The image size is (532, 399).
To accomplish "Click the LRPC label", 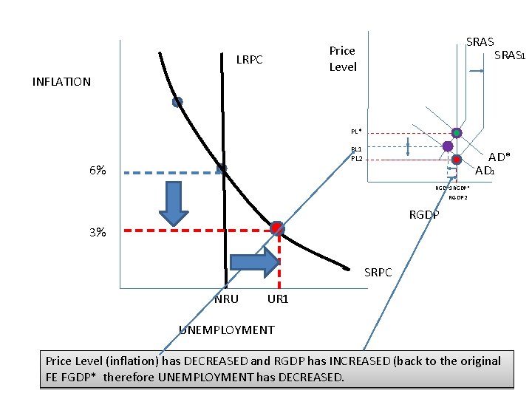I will pyautogui.click(x=249, y=59).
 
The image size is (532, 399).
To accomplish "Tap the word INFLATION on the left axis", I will pyautogui.click(x=62, y=82).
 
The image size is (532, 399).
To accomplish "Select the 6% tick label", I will pyautogui.click(x=98, y=171).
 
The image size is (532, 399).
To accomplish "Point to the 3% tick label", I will pyautogui.click(x=98, y=232).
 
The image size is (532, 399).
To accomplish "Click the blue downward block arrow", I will pyautogui.click(x=175, y=202).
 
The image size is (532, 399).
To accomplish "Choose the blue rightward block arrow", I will pyautogui.click(x=255, y=261).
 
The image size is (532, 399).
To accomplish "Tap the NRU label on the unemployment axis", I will pyautogui.click(x=226, y=299).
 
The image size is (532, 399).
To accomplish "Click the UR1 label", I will pyautogui.click(x=278, y=299).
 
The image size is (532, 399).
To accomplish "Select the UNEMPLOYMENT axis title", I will pyautogui.click(x=227, y=330).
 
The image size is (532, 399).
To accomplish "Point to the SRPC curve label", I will pyautogui.click(x=379, y=273).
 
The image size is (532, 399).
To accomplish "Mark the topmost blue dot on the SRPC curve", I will pyautogui.click(x=177, y=103).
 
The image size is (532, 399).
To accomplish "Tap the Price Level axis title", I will pyautogui.click(x=343, y=58).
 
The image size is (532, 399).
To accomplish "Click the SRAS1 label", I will pyautogui.click(x=509, y=55).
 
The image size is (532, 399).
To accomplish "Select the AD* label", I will pyautogui.click(x=499, y=157).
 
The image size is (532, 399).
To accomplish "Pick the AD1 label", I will pyautogui.click(x=485, y=171).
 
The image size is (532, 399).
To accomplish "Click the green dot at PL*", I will pyautogui.click(x=457, y=133).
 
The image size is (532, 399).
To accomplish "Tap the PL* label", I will pyautogui.click(x=356, y=132).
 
